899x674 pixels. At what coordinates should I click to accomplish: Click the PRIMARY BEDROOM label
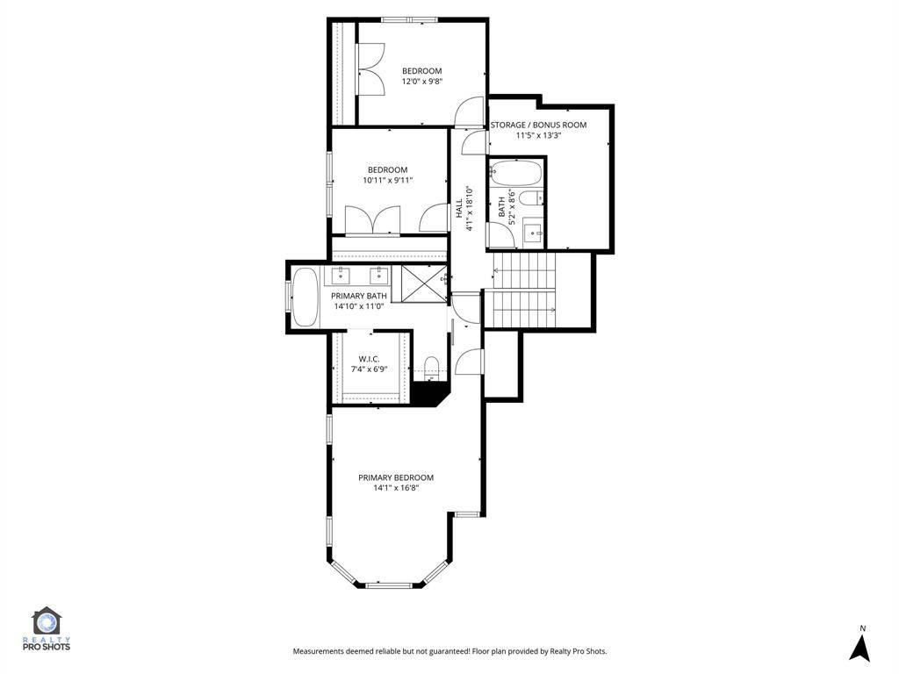click(396, 477)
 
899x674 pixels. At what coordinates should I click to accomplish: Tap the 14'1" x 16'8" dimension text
click(396, 488)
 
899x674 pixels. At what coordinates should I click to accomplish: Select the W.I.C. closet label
click(370, 359)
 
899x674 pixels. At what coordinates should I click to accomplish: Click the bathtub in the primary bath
click(305, 298)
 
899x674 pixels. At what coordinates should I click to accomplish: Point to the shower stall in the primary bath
click(424, 283)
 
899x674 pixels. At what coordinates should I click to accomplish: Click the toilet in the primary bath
click(431, 366)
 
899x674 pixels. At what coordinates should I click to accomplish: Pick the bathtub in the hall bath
click(515, 173)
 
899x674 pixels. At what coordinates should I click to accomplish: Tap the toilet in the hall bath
click(531, 198)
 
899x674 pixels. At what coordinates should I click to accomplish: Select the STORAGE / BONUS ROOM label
click(538, 125)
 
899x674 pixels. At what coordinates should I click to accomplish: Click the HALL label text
click(459, 208)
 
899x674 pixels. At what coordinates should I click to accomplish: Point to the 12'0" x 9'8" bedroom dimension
click(422, 82)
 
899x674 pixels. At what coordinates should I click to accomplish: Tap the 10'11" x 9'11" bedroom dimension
click(387, 181)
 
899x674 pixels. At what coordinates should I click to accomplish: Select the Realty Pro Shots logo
click(47, 628)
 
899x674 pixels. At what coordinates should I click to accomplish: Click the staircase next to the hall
click(525, 290)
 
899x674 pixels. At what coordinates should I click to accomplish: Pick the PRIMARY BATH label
click(359, 296)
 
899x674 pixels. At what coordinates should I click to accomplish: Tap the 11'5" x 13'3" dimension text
click(538, 136)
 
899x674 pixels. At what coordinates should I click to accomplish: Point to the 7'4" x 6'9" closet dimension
click(370, 369)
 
